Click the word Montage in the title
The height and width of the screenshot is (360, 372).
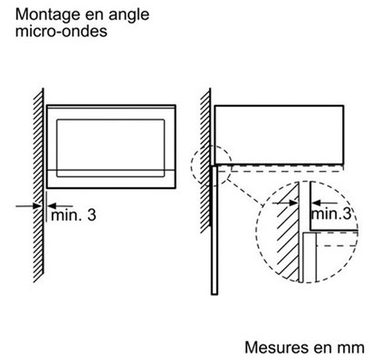click(x=48, y=16)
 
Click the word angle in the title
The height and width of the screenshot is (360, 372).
click(x=129, y=16)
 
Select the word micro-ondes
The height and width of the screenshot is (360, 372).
click(x=61, y=31)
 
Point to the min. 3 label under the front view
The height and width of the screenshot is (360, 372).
click(x=74, y=215)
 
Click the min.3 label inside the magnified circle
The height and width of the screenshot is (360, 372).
click(x=332, y=213)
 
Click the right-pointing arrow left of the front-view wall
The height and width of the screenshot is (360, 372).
click(x=28, y=206)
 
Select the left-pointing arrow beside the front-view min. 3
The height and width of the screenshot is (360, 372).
click(x=60, y=206)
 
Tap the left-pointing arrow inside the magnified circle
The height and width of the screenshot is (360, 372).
click(x=324, y=203)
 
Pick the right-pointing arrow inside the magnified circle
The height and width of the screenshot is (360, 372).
click(x=285, y=203)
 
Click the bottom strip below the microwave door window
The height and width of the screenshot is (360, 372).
click(x=111, y=179)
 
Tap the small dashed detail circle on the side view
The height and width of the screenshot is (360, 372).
click(x=191, y=166)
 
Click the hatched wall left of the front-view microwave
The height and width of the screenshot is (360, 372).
click(x=39, y=185)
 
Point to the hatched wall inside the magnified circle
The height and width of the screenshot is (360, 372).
click(x=288, y=233)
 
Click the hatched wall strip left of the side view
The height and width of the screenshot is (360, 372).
click(x=205, y=161)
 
